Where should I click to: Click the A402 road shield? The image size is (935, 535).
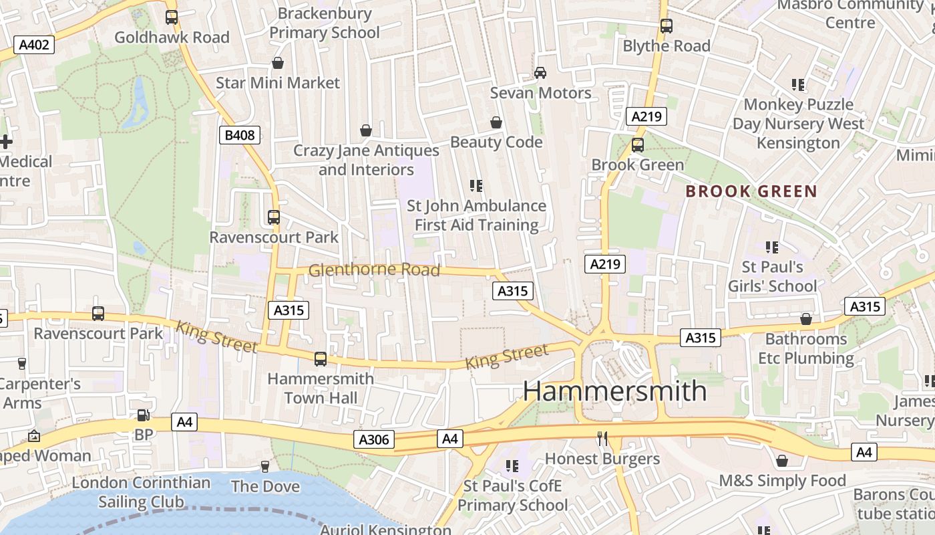[33, 45]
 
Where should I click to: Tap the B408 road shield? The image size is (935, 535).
[239, 135]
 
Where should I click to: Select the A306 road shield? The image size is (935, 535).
[373, 439]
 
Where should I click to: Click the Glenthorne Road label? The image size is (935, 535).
[374, 270]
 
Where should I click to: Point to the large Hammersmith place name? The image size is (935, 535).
[614, 391]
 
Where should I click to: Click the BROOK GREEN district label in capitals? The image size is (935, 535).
[751, 191]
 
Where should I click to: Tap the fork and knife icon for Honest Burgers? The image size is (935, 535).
[602, 439]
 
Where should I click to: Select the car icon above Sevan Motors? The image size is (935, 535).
[540, 72]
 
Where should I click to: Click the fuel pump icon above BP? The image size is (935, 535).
[143, 415]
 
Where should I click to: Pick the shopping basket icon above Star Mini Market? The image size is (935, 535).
[278, 63]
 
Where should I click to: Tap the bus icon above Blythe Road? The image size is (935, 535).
[666, 26]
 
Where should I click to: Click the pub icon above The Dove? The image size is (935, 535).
[265, 466]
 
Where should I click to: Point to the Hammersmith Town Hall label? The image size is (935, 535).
[321, 388]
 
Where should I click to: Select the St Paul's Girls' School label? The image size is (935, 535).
[773, 276]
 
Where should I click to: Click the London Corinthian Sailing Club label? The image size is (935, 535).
[141, 492]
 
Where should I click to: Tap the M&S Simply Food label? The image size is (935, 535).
[782, 481]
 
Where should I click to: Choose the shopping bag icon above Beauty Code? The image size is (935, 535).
[496, 122]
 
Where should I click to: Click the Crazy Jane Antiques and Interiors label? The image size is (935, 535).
[366, 160]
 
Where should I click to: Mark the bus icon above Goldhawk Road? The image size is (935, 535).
[172, 17]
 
